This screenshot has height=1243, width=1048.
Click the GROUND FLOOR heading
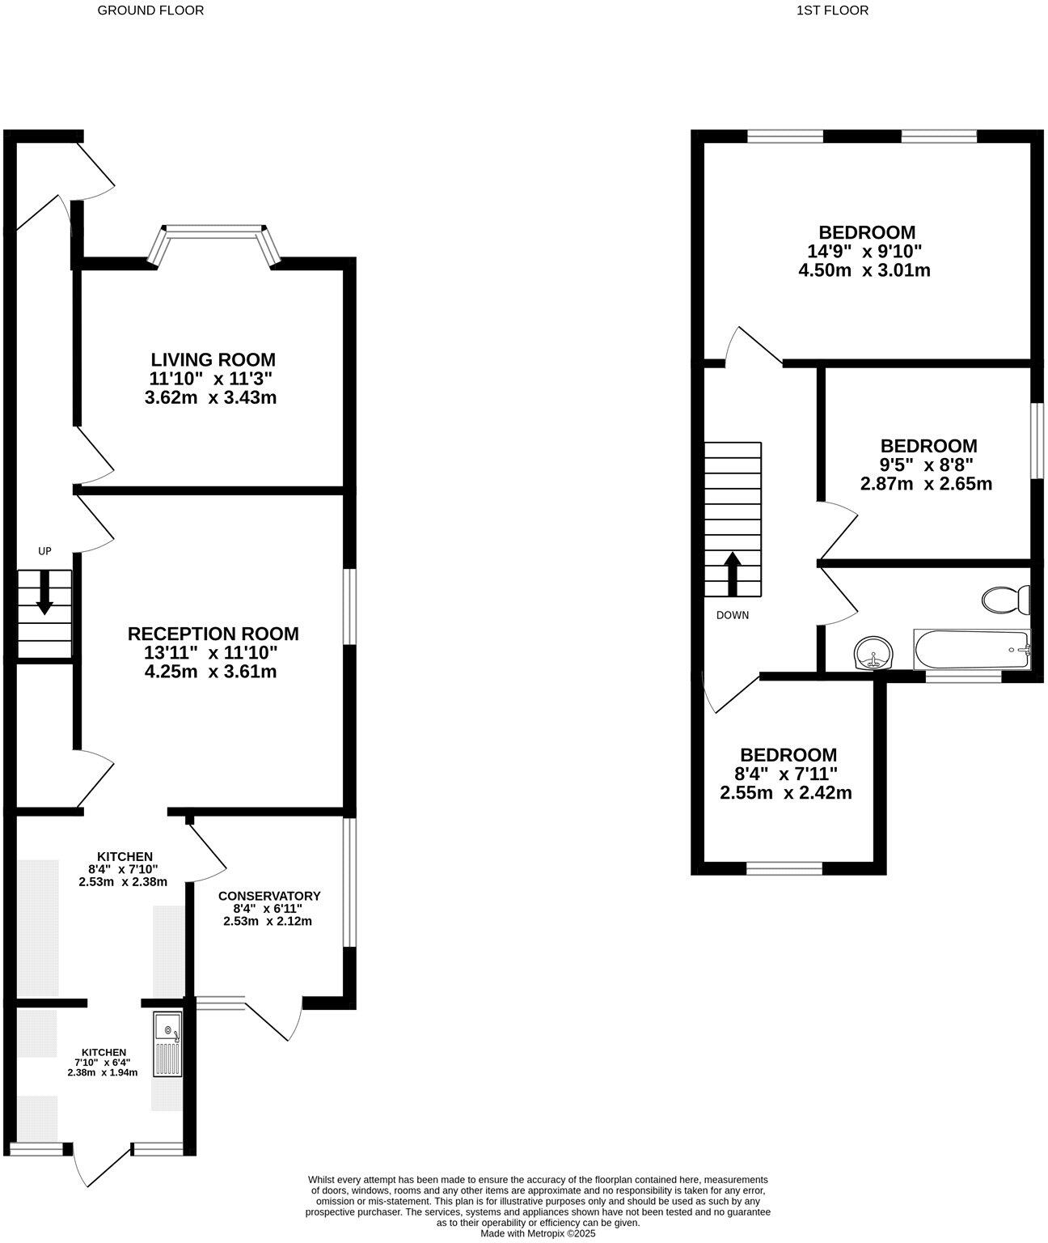[x=150, y=11]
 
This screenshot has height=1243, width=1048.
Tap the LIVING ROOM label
[x=213, y=359]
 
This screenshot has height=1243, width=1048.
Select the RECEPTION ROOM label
[x=213, y=634]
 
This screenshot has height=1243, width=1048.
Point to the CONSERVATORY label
[x=269, y=896]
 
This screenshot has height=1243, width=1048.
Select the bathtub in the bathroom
[x=971, y=649]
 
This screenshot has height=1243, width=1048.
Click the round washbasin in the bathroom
[x=873, y=652]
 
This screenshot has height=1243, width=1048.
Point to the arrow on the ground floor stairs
[x=44, y=592]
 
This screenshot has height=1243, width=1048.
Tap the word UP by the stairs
[x=44, y=551]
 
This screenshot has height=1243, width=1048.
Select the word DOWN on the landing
[x=733, y=615]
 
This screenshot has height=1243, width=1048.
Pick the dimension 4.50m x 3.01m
[x=864, y=270]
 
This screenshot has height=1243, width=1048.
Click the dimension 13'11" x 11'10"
[x=213, y=653]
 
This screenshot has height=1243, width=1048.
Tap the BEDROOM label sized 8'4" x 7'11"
[x=788, y=754]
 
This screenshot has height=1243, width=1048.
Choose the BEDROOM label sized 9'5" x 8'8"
[x=928, y=446]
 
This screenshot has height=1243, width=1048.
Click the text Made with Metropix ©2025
[x=538, y=1233]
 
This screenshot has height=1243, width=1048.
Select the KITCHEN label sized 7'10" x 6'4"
[x=103, y=1052]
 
